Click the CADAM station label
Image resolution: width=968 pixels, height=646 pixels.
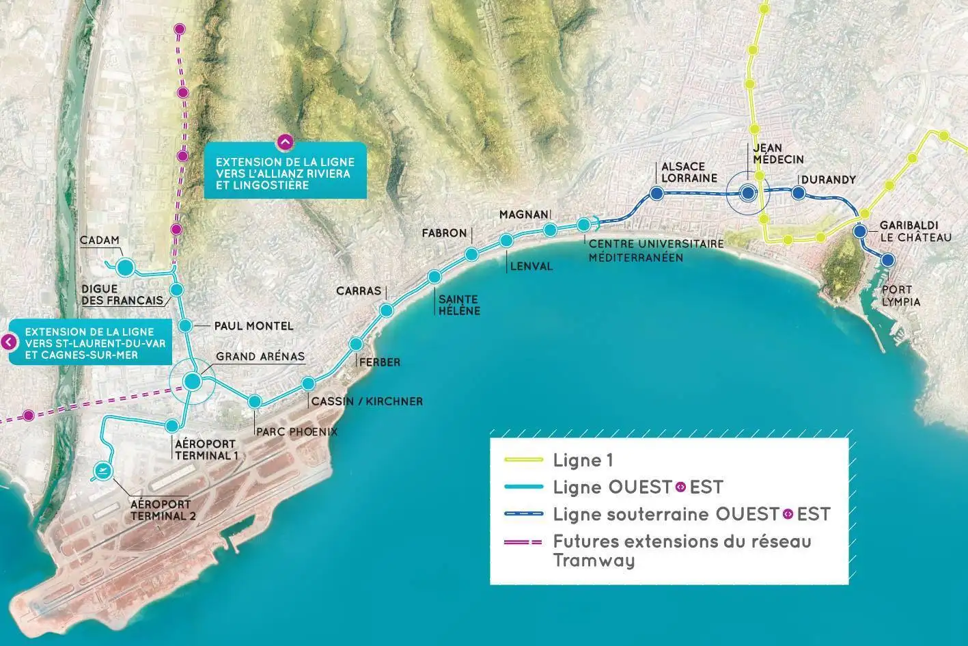99,241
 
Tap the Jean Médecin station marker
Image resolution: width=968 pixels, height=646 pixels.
748,193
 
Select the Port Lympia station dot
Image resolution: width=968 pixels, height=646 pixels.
887,260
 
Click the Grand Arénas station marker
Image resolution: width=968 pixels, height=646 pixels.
193,381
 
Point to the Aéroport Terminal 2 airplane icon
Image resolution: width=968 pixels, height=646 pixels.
103,470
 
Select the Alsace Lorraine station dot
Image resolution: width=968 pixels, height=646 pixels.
656,193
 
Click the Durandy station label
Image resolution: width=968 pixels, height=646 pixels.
828,180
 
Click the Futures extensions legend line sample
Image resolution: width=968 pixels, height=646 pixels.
523,541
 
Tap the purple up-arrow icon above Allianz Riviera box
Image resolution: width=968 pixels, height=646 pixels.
285,142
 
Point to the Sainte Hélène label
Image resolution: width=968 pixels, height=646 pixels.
459,305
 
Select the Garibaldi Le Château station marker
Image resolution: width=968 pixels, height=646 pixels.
860,232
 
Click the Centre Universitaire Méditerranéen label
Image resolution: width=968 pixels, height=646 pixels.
636,251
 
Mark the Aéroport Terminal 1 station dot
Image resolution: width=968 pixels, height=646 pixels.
172,426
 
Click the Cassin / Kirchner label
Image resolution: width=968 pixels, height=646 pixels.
367,401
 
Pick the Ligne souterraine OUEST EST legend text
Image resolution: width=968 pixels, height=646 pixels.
691,513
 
